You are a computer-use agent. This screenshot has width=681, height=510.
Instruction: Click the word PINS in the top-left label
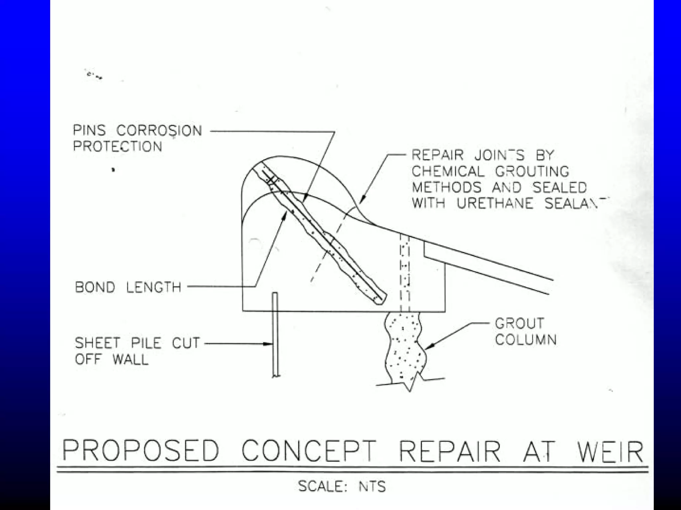pos(89,130)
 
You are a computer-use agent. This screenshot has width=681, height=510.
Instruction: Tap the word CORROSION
pos(159,130)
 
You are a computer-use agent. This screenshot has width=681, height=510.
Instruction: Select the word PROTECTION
pos(117,147)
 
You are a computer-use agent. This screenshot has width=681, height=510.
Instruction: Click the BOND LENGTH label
pos(128,287)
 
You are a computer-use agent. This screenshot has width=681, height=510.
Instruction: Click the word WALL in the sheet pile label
pos(130,359)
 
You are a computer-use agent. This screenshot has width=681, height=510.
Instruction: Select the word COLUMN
pos(525,340)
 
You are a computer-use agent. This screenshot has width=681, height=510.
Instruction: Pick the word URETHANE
pos(495,203)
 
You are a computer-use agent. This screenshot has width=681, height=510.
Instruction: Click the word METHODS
pos(446,188)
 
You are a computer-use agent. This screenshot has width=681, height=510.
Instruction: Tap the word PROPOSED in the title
pos(141,451)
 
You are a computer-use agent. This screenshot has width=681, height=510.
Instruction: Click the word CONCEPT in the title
pos(309,451)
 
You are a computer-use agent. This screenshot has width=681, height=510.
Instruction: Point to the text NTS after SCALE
pos(372,487)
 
